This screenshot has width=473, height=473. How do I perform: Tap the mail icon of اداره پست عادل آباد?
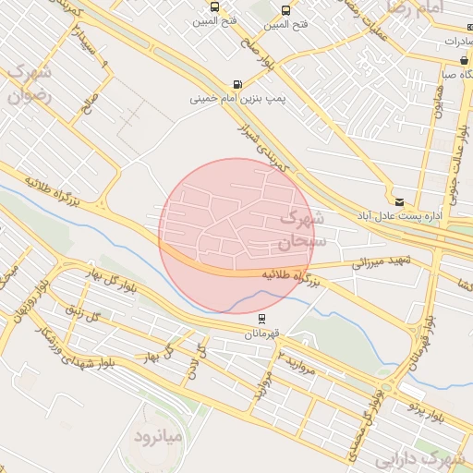pyautogui.click(x=398, y=200)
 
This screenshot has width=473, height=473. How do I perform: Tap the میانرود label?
pyautogui.click(x=160, y=434)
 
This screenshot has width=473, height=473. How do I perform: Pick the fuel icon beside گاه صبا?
pyautogui.click(x=463, y=61)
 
